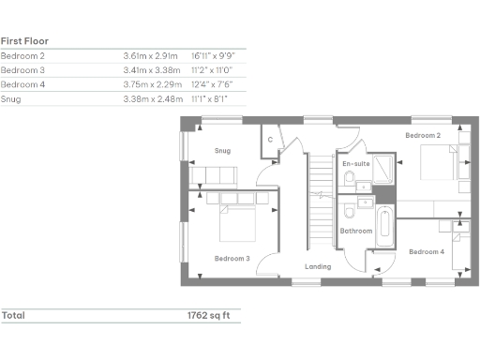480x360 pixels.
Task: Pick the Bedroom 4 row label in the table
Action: click(22, 83)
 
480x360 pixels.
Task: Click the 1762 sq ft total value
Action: click(211, 315)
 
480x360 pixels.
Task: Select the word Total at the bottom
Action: click(13, 315)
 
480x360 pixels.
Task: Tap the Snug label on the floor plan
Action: click(222, 150)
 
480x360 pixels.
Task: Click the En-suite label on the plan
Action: click(355, 163)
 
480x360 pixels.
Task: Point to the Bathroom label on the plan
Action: click(356, 230)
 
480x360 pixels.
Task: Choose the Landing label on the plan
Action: click(318, 267)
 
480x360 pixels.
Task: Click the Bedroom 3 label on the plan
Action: click(232, 258)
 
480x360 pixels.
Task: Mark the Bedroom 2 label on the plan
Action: click(423, 136)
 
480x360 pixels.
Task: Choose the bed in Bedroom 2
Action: click(440, 162)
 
